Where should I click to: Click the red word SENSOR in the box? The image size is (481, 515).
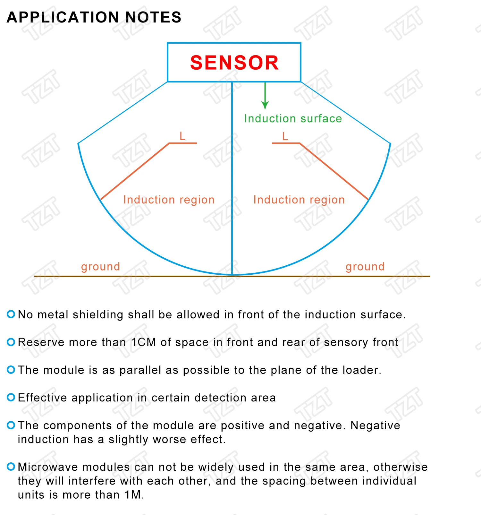(x=234, y=62)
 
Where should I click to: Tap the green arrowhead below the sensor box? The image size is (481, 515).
(x=265, y=106)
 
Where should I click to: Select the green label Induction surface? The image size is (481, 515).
(x=293, y=118)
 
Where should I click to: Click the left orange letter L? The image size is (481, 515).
(x=182, y=136)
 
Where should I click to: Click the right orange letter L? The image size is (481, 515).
(x=285, y=136)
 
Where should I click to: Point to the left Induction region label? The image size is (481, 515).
(x=169, y=200)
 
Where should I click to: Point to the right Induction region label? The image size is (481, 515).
(x=299, y=200)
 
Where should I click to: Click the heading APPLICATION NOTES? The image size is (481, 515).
(x=94, y=17)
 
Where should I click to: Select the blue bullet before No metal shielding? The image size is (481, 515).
(x=11, y=314)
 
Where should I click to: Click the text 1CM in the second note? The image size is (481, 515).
(x=143, y=342)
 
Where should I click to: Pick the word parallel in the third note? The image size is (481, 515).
(x=140, y=370)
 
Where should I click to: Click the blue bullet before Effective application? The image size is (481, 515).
(x=11, y=398)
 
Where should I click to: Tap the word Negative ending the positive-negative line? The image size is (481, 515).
(x=375, y=425)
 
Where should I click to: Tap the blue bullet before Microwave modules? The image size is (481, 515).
(x=11, y=467)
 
